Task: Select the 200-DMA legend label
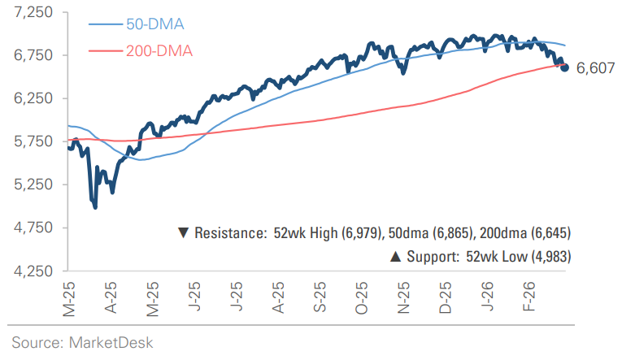[x=159, y=51]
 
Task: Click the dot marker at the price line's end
[x=564, y=67]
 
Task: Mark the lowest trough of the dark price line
[x=96, y=207]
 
